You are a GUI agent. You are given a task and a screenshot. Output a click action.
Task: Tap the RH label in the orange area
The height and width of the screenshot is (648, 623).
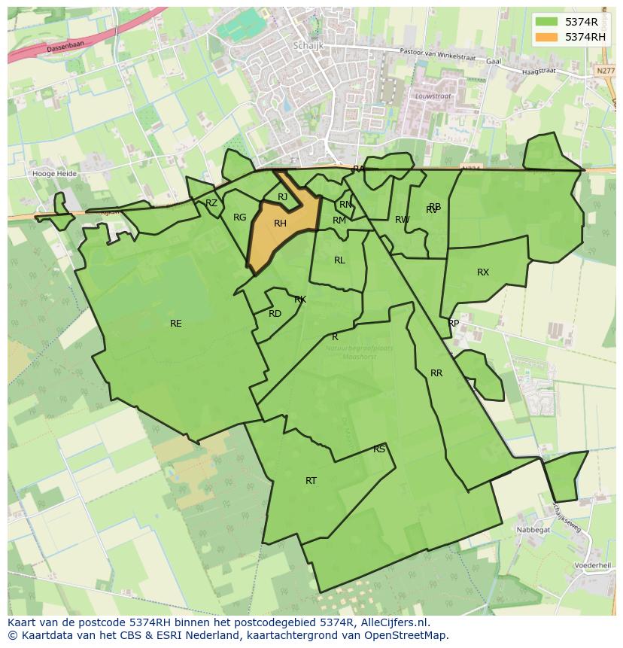tap(280, 224)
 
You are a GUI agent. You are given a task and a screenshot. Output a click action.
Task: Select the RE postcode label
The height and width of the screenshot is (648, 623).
tap(175, 324)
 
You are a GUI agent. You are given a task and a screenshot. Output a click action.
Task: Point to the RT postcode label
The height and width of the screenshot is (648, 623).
tap(311, 481)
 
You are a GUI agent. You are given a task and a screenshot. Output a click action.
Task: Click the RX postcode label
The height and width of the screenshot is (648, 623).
tap(483, 272)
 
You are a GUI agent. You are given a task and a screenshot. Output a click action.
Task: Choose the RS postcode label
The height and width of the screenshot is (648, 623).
tap(379, 449)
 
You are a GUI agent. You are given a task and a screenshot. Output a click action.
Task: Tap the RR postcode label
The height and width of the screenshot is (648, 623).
tap(436, 373)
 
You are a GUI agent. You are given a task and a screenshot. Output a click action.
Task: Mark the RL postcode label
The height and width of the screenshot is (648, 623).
tap(339, 260)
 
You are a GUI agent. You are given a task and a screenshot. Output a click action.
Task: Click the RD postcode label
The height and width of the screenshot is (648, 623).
tap(275, 314)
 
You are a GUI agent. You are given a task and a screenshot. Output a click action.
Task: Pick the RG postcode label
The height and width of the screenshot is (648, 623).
tap(239, 218)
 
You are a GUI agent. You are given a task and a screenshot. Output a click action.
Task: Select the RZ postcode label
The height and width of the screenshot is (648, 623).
tap(211, 203)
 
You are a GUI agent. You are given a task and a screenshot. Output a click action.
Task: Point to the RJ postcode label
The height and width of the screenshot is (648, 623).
tap(282, 197)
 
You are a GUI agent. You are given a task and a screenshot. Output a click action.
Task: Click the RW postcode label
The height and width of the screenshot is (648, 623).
tap(403, 220)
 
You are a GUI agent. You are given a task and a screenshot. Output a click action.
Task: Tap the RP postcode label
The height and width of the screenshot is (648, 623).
tap(454, 324)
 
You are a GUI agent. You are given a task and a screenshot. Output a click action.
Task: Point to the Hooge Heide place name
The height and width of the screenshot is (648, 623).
tap(54, 173)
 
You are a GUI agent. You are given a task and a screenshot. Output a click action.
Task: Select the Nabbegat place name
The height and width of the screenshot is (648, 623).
tap(533, 530)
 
